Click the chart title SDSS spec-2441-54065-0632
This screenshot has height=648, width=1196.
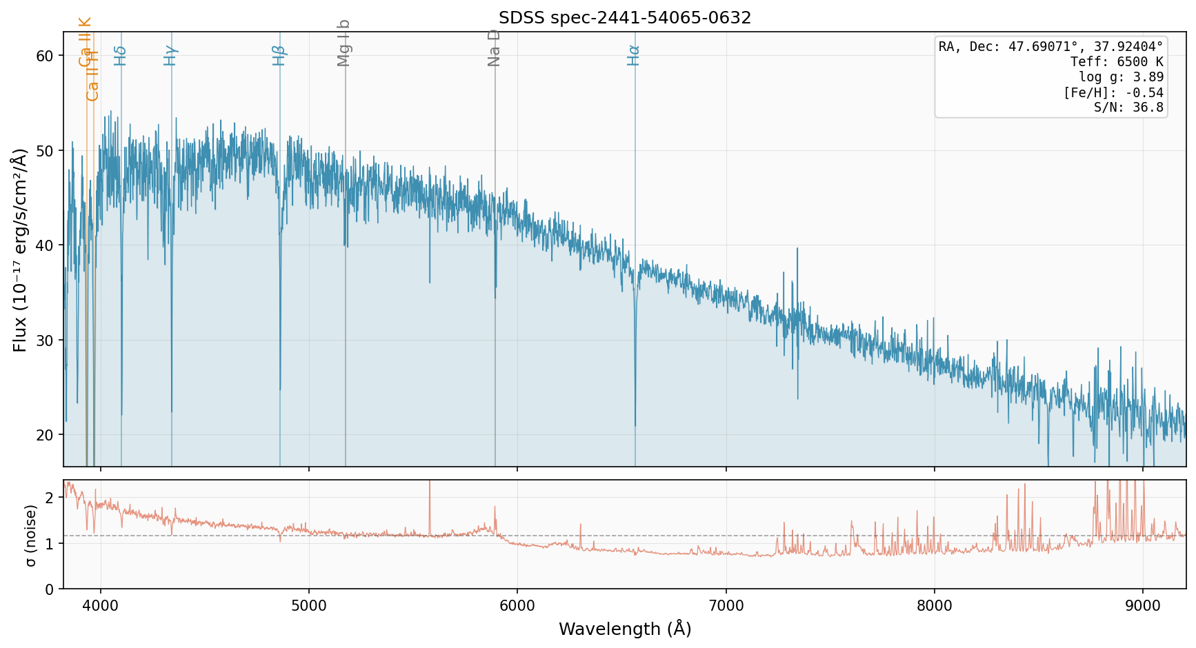pos(625,18)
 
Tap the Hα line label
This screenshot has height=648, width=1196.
pos(633,55)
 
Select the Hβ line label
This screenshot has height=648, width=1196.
pos(279,55)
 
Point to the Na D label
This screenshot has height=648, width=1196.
pos(494,48)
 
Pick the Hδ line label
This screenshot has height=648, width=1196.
pos(120,56)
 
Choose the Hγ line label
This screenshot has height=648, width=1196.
pos(170,55)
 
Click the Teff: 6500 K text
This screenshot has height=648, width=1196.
pos(1117,62)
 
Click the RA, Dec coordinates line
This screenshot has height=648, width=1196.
pos(1050,47)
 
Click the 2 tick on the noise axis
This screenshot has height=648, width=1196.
pos(49,498)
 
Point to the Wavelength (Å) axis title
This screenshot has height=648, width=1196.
pos(625,629)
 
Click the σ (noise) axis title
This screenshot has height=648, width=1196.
pos(30,534)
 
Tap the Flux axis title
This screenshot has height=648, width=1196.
pos(20,250)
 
